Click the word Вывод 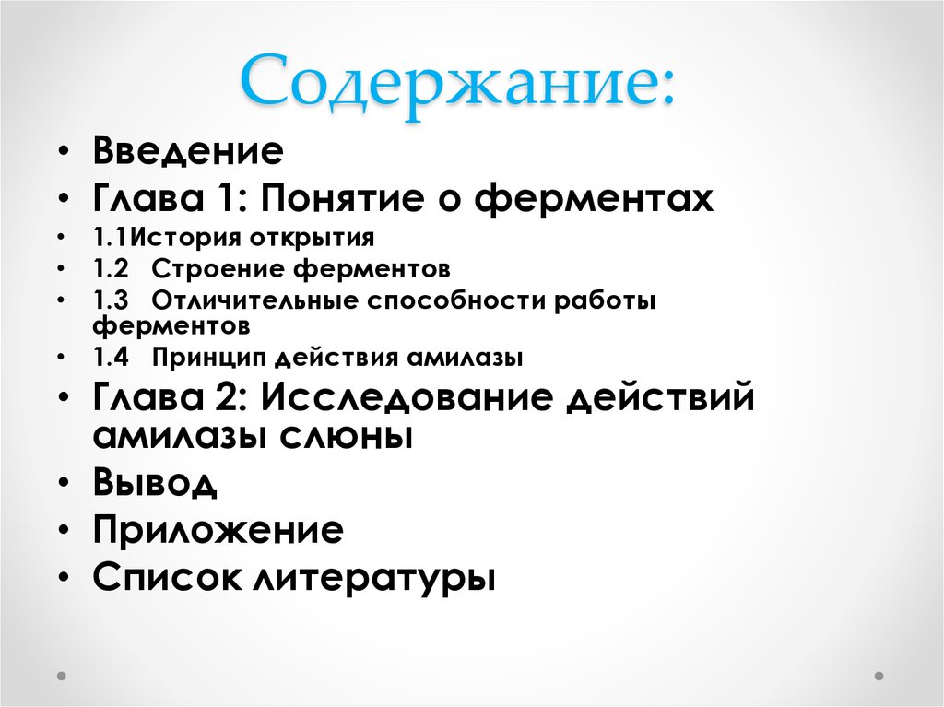tap(155, 482)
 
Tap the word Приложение tap(218, 530)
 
